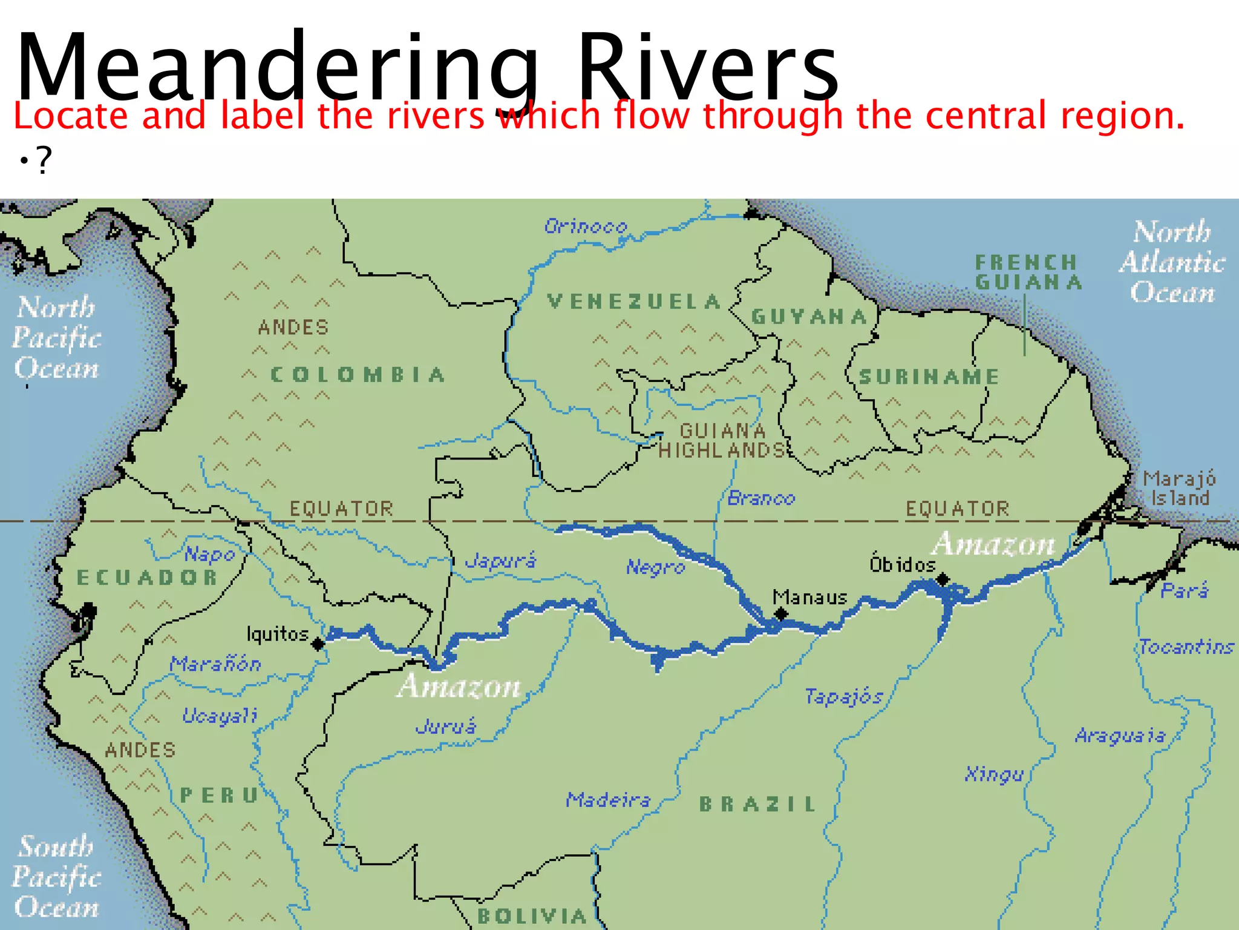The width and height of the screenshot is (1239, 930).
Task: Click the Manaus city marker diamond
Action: point(781,614)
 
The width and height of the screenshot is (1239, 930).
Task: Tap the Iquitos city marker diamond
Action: point(318,644)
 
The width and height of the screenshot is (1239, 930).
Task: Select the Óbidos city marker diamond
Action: point(942,580)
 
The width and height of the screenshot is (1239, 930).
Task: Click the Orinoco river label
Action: point(585,226)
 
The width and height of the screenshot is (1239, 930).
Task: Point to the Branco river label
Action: point(761,498)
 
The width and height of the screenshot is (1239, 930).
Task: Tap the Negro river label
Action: point(655,567)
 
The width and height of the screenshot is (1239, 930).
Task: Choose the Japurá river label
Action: point(500,561)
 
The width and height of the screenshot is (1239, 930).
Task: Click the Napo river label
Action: point(209,554)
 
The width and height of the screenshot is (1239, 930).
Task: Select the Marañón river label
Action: point(215,664)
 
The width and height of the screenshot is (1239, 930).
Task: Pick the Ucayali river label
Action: point(220,716)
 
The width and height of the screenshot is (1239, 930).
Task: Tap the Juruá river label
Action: point(446,726)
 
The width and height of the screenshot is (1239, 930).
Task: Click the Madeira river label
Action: point(608,800)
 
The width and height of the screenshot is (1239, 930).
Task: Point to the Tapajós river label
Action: point(844,697)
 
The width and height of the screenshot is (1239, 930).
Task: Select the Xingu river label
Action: point(994,774)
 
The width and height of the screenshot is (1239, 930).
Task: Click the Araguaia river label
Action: point(1120,736)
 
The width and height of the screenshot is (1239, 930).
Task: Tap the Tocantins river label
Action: point(1186,647)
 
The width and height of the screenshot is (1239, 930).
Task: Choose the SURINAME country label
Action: point(929,377)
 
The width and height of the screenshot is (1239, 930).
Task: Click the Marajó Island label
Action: point(1179,488)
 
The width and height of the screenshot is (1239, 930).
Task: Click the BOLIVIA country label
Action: point(532,915)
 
